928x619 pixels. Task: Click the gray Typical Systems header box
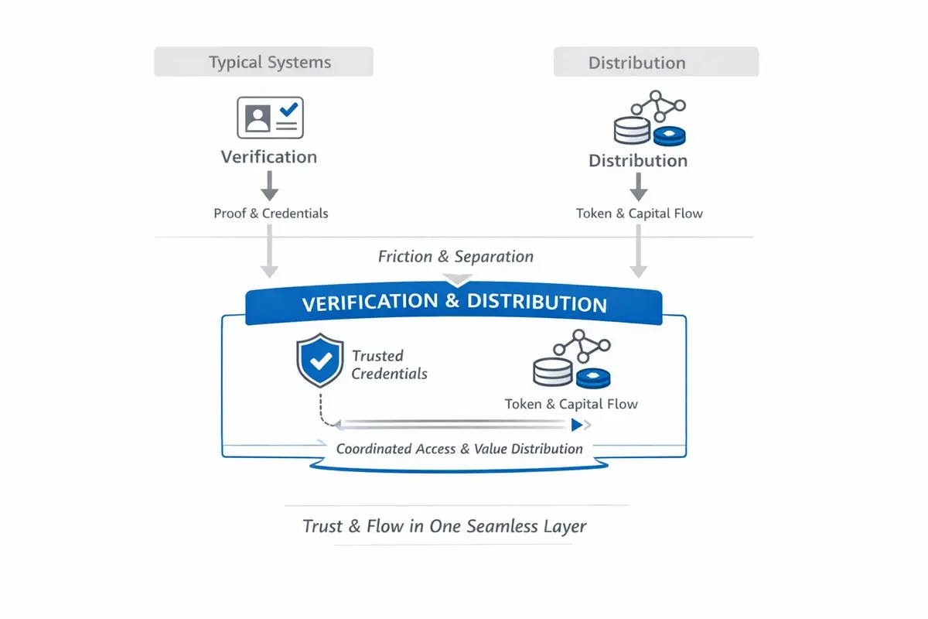(x=264, y=62)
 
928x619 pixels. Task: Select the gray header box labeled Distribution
(x=656, y=62)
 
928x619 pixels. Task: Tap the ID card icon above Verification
(x=270, y=118)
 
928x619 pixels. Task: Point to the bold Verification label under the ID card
(x=268, y=157)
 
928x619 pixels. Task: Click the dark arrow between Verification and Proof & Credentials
(x=269, y=186)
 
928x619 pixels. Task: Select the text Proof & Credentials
(x=271, y=214)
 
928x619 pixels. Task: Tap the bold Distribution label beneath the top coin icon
(x=638, y=161)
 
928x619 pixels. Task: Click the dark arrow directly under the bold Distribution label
(x=638, y=186)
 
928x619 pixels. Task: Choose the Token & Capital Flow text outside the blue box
(x=639, y=214)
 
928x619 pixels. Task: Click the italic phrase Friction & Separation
(x=455, y=257)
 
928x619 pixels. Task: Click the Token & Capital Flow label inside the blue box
(x=571, y=404)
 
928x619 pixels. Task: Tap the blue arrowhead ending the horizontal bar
(x=577, y=425)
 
